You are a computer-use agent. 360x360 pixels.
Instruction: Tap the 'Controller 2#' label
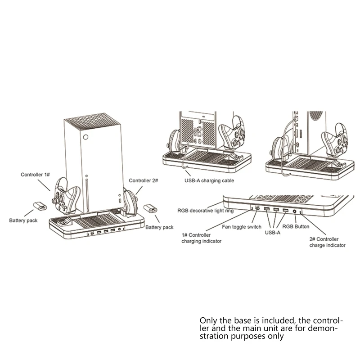143,181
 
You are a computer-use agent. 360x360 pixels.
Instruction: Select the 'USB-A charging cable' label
210,181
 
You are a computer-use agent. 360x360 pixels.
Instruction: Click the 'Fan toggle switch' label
242,227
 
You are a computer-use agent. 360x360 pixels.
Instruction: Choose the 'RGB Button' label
295,227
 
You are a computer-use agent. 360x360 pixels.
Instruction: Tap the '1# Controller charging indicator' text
201,238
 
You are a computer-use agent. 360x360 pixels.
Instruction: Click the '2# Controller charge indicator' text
327,242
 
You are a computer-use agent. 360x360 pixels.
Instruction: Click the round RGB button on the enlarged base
295,211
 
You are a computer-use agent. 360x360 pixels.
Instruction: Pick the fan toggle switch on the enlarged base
257,209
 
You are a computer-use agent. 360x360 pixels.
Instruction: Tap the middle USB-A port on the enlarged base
276,210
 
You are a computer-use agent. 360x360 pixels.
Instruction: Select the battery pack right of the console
151,210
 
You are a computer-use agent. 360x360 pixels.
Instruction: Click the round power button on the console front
87,139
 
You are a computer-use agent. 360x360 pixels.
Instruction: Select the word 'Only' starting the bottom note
208,320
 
